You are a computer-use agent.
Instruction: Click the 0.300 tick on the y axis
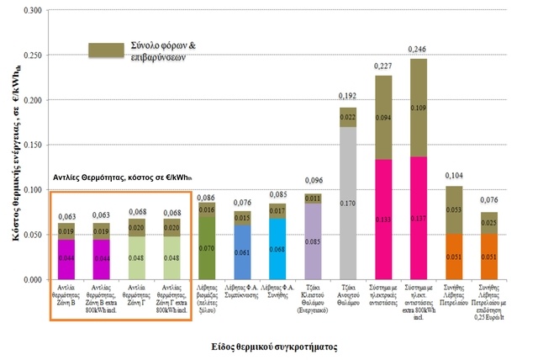[32, 11]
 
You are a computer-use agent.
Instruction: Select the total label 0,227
[383, 68]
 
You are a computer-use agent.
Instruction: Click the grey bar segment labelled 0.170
[347, 203]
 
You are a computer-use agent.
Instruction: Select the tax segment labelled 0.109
[419, 108]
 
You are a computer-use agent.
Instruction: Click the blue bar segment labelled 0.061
[241, 252]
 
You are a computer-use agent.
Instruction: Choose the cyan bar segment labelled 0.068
[277, 250]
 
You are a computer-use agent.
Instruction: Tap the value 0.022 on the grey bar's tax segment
[347, 117]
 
